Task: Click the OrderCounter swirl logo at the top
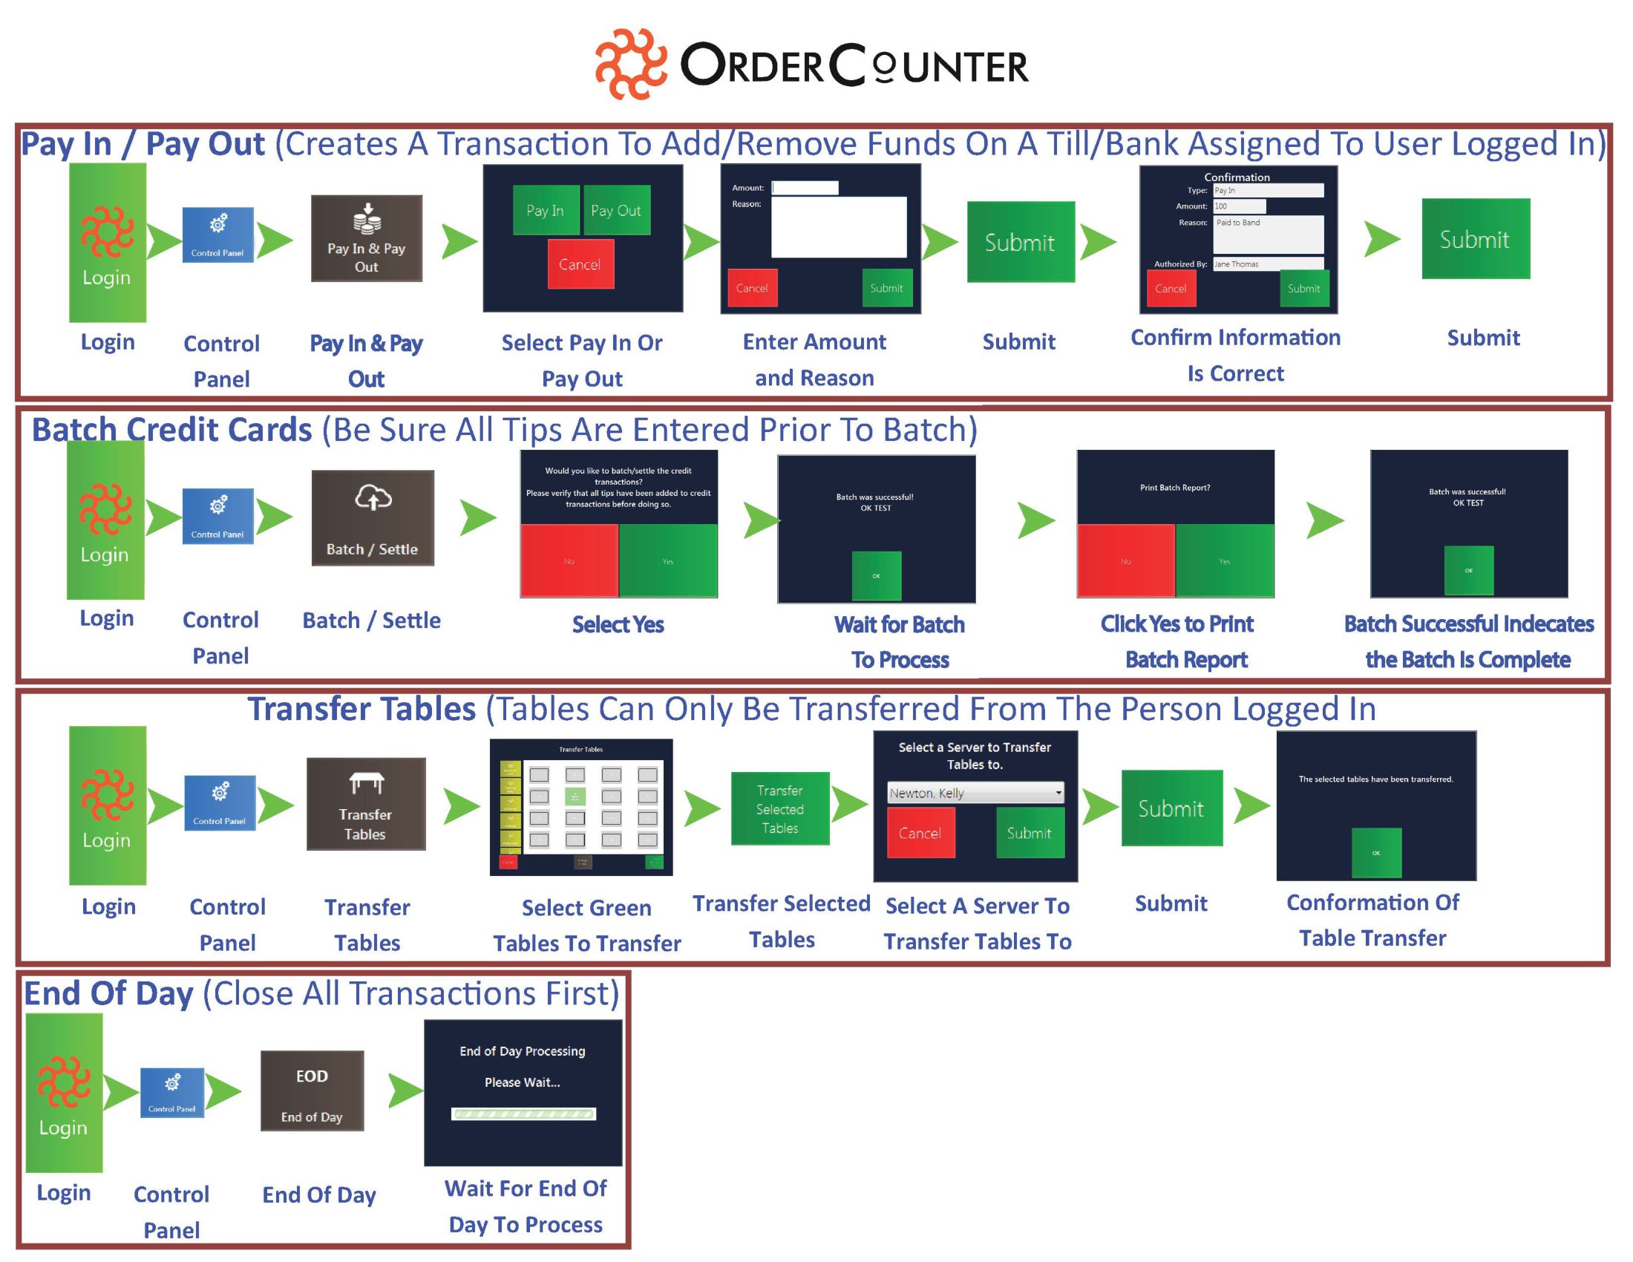coord(630,65)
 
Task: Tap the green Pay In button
coord(546,210)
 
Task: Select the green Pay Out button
coord(616,210)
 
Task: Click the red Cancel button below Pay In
coord(580,264)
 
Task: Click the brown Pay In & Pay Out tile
coord(367,238)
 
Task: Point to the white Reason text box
coord(838,226)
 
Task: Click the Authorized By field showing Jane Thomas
coord(1267,264)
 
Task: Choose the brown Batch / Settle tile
coord(373,517)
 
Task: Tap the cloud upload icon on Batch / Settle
coord(373,497)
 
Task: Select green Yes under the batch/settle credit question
coord(668,560)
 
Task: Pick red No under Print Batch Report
coord(1125,560)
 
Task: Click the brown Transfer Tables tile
coord(366,804)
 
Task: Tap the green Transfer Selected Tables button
coord(780,808)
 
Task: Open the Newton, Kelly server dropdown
coord(975,793)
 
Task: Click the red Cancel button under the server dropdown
coord(920,833)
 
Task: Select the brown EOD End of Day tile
coord(312,1091)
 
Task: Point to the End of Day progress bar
coord(523,1114)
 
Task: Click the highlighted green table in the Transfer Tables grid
coord(575,797)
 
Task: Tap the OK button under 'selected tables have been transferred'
coord(1375,852)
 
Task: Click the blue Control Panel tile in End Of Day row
coord(172,1092)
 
